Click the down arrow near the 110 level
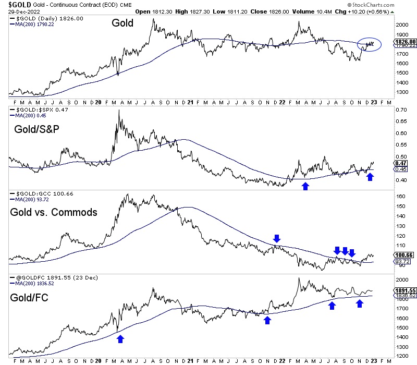pos(276,239)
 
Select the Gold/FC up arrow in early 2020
pos(120,338)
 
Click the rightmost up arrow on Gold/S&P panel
pos(370,177)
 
